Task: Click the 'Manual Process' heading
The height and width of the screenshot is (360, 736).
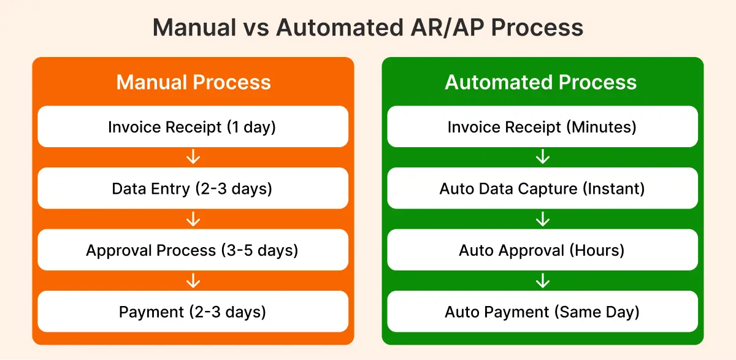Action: click(193, 82)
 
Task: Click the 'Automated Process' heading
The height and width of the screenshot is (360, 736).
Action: click(541, 82)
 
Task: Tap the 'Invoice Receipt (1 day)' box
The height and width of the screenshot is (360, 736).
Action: click(193, 126)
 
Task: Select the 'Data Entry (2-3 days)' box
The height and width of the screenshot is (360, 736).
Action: click(193, 188)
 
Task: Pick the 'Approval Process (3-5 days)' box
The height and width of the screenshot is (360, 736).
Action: click(193, 250)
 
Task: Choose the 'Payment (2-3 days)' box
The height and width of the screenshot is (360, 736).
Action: click(193, 312)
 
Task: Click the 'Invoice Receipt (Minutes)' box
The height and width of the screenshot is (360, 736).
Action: click(542, 126)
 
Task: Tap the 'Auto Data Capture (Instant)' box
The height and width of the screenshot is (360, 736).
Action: click(542, 188)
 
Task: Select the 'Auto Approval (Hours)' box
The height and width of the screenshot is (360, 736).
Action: click(542, 250)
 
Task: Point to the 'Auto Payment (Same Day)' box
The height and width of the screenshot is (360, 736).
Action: click(542, 312)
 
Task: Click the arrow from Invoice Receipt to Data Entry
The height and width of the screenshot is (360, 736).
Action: click(193, 156)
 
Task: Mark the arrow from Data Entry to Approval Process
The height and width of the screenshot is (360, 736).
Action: click(193, 219)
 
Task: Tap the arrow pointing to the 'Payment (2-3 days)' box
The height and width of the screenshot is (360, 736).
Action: click(193, 281)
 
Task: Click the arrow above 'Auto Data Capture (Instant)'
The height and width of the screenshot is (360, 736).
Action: click(543, 156)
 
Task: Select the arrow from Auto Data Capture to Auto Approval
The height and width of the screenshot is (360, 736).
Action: click(543, 219)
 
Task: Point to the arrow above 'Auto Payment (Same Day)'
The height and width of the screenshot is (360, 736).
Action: click(543, 281)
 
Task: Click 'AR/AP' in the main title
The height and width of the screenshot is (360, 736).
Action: click(447, 28)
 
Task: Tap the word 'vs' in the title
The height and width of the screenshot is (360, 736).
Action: click(256, 29)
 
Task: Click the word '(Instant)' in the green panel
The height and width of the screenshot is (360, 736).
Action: click(614, 189)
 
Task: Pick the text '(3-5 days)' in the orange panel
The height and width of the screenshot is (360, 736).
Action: click(259, 251)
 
